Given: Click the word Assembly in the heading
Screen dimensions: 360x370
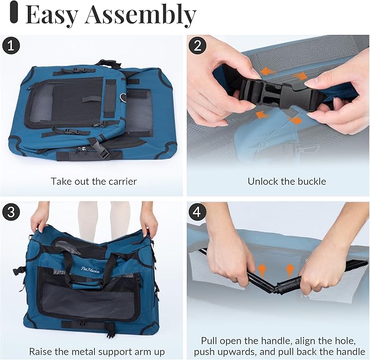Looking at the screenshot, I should pos(140,15).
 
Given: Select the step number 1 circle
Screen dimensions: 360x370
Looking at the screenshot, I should pos(10,46).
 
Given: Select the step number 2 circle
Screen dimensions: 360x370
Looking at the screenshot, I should pos(197,46).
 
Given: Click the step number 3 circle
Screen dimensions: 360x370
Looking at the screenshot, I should pos(10,211).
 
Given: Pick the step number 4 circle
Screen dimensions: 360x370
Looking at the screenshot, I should pos(197,211).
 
